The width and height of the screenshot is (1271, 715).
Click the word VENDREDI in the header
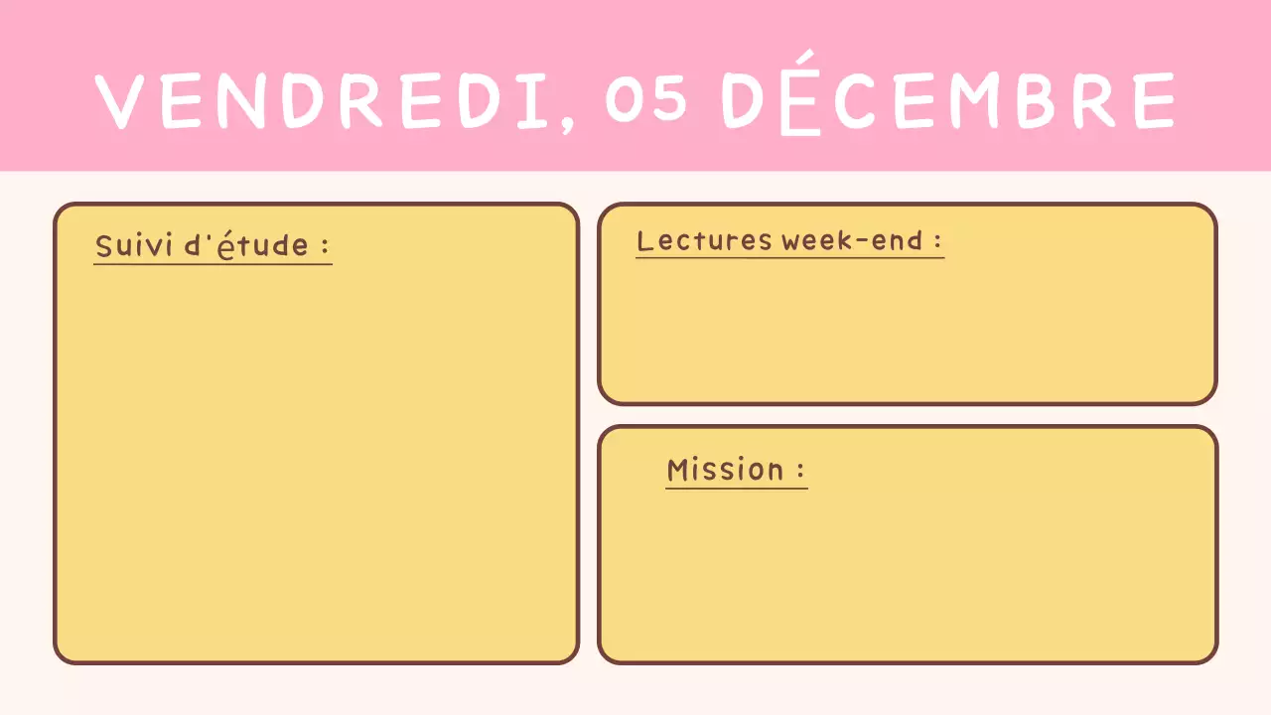(x=323, y=100)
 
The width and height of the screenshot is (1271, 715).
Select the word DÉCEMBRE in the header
(x=948, y=100)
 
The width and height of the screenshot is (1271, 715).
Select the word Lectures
(x=704, y=240)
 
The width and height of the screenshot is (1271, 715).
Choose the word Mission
(x=725, y=469)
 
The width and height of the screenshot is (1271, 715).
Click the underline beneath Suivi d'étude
(x=212, y=264)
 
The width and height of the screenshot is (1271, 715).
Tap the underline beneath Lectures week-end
(x=789, y=258)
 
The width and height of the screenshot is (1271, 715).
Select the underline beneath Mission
(x=736, y=488)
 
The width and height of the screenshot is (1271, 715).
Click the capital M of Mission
(x=678, y=469)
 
